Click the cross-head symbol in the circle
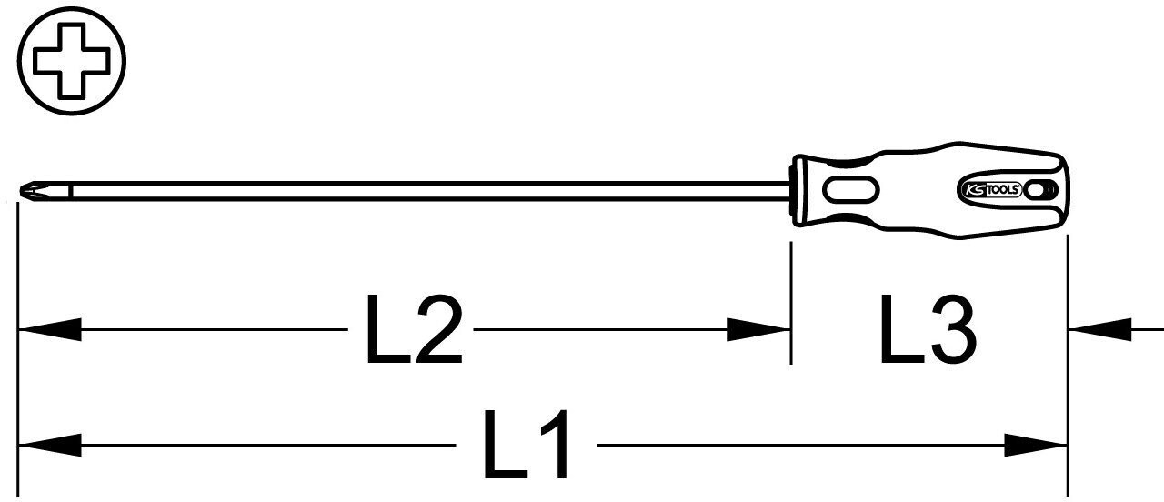point(72,61)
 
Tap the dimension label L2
point(414,329)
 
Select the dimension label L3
point(928,329)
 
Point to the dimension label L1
point(526,445)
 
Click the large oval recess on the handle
point(850,190)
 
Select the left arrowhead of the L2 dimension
point(50,329)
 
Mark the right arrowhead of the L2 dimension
point(758,329)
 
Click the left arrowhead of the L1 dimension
point(50,446)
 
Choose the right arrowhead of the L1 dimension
point(1036,446)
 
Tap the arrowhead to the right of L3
point(1099,329)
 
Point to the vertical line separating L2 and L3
point(791,303)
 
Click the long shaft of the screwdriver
point(431,191)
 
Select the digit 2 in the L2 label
point(439,329)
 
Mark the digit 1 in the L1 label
point(555,445)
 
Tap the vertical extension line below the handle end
point(1068,366)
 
